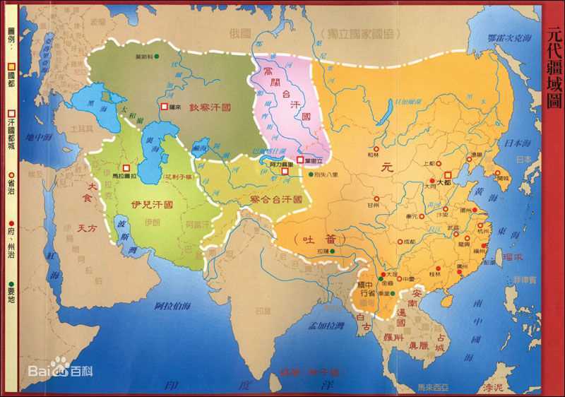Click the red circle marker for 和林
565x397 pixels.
[376, 149]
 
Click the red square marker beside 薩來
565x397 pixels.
[165, 107]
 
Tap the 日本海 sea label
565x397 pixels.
[513, 145]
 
